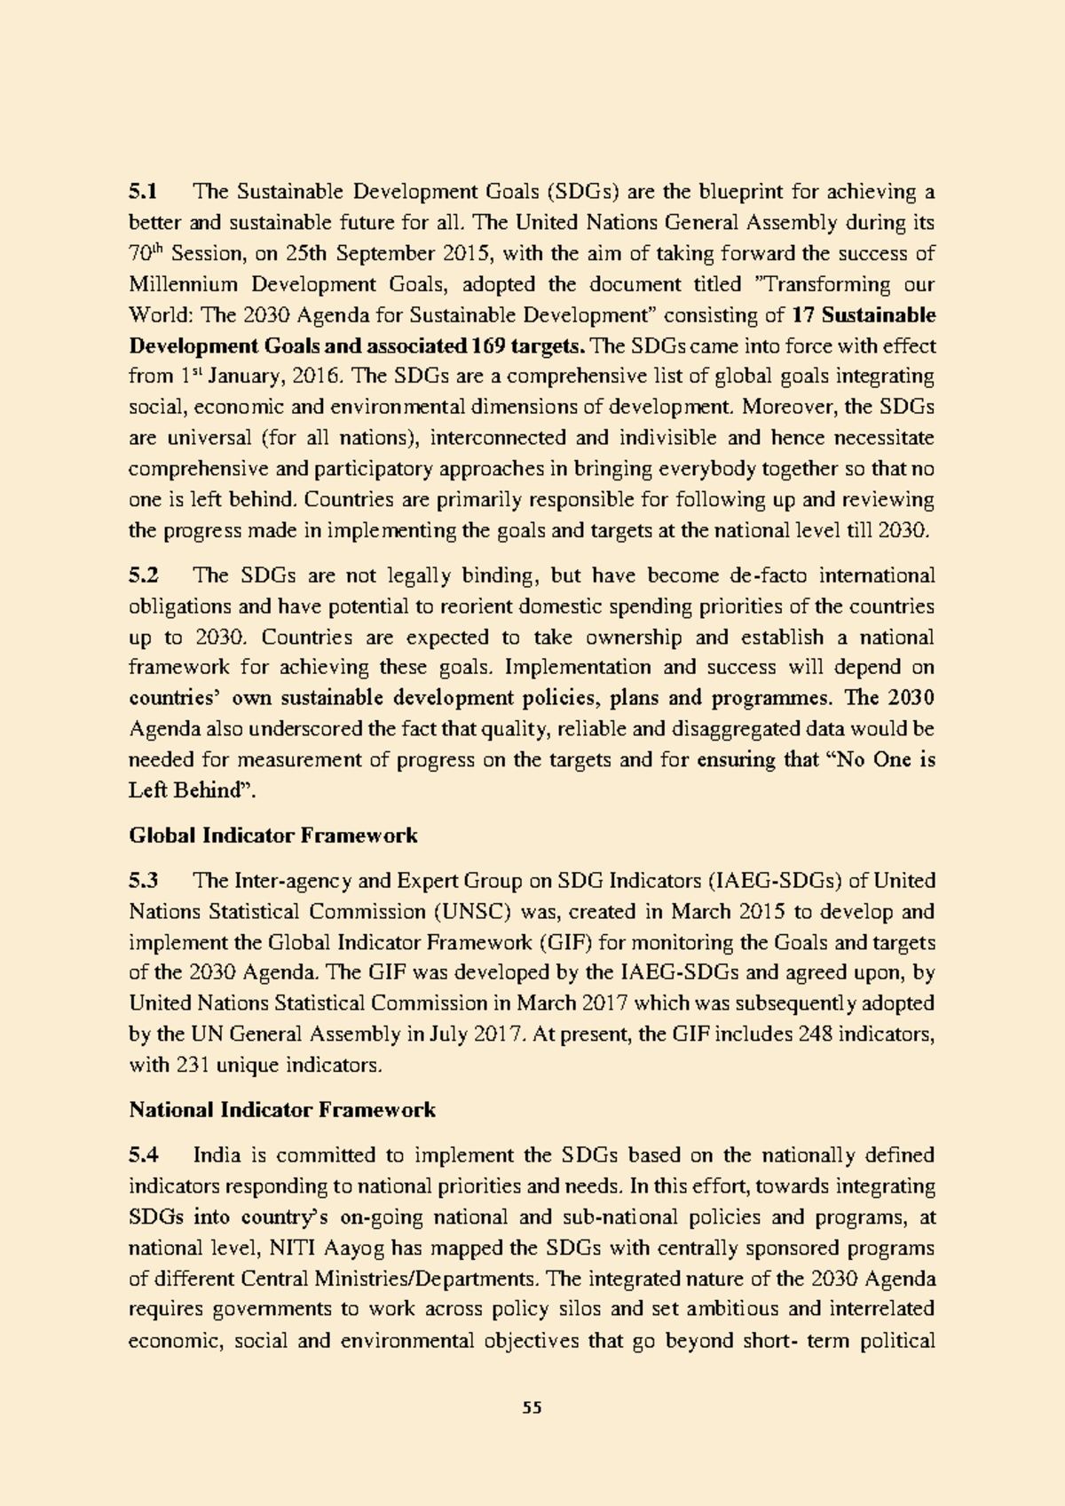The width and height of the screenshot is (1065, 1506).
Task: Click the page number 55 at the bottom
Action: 532,1407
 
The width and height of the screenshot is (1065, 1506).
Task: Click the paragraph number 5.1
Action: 143,192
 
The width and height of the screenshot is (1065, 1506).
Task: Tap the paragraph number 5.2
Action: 143,575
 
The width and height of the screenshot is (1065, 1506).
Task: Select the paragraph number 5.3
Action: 143,881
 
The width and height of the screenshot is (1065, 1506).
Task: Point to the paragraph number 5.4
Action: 143,1155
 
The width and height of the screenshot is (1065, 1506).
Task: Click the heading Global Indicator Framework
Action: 273,836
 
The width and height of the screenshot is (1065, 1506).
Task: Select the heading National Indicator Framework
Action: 282,1110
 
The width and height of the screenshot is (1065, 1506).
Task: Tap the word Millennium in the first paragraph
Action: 184,284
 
